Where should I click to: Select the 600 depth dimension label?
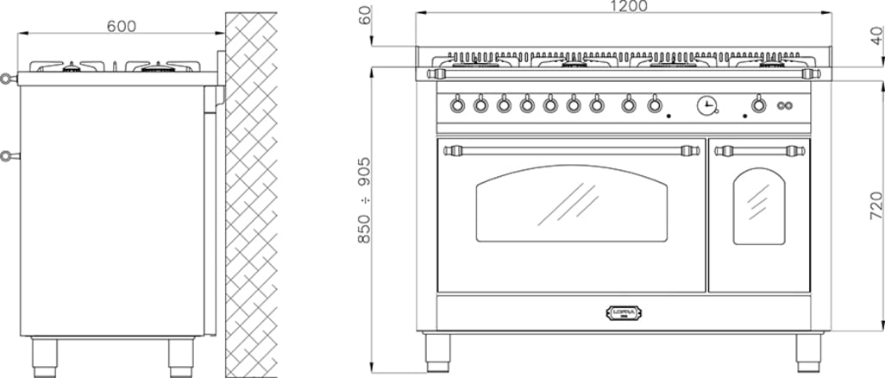pyautogui.click(x=122, y=26)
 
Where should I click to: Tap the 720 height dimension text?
pyautogui.click(x=875, y=204)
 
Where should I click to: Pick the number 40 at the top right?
pyautogui.click(x=876, y=36)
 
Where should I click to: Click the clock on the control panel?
pyautogui.click(x=706, y=105)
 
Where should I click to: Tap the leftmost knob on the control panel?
pyautogui.click(x=457, y=105)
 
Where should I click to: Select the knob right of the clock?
pyautogui.click(x=758, y=105)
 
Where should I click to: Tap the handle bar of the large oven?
pyautogui.click(x=573, y=151)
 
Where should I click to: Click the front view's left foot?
pyautogui.click(x=436, y=349)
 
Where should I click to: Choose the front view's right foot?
pyautogui.click(x=807, y=349)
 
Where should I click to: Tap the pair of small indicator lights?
pyautogui.click(x=784, y=106)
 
